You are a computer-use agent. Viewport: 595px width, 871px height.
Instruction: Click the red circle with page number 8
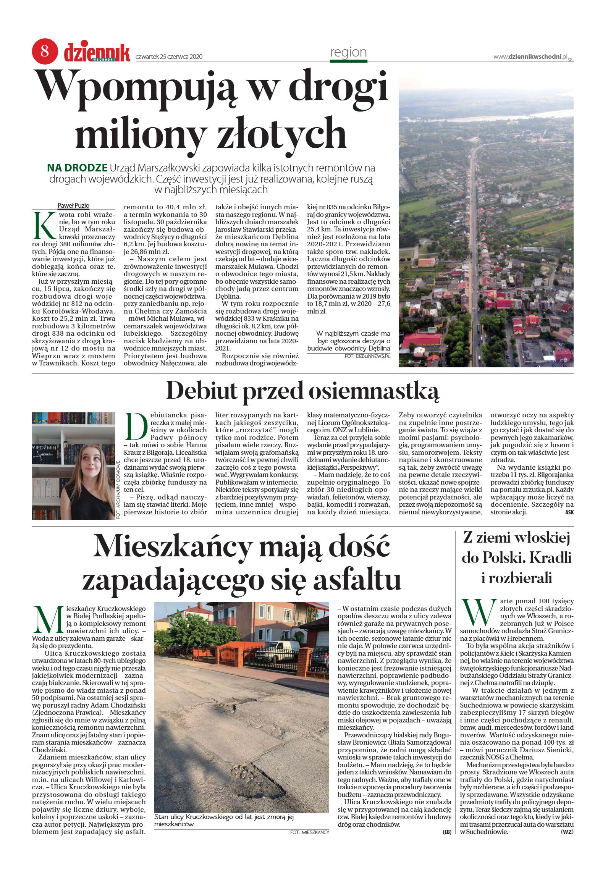45,51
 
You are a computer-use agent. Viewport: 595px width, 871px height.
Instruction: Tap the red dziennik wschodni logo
97,52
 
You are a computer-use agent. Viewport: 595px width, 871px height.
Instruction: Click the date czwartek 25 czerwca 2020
169,57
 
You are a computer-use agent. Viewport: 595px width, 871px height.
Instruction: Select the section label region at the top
348,52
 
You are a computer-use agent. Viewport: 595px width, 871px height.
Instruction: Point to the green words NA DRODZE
77,168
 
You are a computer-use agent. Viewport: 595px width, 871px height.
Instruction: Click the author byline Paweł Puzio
73,205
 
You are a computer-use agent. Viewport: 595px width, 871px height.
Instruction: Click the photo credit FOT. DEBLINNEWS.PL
367,356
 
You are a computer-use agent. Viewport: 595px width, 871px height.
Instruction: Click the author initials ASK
569,512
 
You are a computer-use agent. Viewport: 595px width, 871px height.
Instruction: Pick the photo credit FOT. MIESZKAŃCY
309,832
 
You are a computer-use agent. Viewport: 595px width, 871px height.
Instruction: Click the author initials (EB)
447,832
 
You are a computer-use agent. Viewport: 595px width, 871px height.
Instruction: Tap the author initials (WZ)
567,832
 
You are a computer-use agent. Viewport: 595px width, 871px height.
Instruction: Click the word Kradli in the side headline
552,558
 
